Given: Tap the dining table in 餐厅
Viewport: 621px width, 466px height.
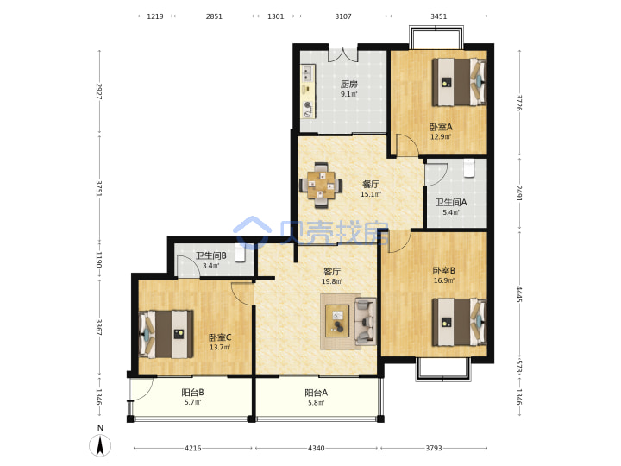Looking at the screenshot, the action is click(x=321, y=185).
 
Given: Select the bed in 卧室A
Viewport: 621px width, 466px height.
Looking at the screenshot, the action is click(x=459, y=82).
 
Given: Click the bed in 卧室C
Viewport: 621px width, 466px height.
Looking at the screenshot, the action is click(x=166, y=334).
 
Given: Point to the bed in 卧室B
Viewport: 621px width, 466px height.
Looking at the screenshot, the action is click(x=459, y=322).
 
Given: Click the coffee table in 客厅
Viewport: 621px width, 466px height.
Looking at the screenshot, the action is click(x=337, y=321).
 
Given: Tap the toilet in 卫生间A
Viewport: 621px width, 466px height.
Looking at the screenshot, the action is click(x=469, y=167).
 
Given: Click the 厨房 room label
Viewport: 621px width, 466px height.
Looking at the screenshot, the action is click(x=349, y=84).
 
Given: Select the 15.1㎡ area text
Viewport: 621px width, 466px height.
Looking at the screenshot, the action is click(x=371, y=194).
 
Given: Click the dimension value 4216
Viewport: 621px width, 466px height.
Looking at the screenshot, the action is click(x=193, y=448).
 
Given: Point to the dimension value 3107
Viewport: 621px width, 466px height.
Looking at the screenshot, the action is click(x=343, y=16).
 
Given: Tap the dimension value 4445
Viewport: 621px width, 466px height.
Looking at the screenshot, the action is click(x=519, y=294).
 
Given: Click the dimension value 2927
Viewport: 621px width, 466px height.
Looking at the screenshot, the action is click(x=99, y=91).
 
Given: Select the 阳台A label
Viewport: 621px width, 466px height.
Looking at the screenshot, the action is click(x=316, y=393).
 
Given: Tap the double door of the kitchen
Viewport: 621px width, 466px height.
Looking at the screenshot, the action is click(x=343, y=54).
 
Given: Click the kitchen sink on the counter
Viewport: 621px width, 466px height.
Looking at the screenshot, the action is click(x=308, y=73).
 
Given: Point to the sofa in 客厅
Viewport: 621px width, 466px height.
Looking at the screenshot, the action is click(x=365, y=320).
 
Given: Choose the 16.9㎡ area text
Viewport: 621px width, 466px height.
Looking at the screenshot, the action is click(x=444, y=280).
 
